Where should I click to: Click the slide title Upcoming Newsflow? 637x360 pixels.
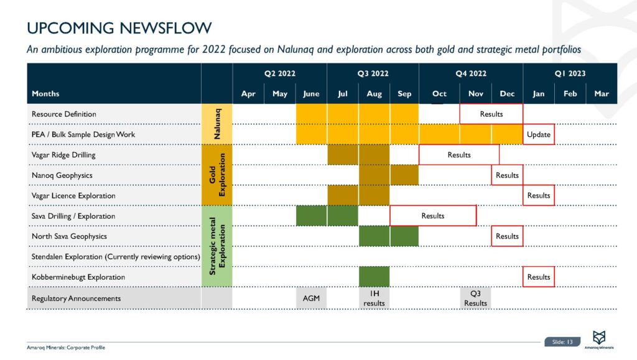tap(119, 28)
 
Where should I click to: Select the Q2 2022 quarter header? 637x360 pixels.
tap(279, 73)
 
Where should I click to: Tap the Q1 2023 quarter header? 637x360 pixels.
tap(570, 73)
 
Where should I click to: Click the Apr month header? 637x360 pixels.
tap(248, 94)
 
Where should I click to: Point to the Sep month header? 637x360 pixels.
tap(404, 94)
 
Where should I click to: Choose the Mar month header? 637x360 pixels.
tap(602, 94)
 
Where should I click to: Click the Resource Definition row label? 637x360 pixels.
tap(64, 114)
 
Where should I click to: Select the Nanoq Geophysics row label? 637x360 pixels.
tap(62, 175)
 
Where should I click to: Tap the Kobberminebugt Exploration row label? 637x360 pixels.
tap(78, 277)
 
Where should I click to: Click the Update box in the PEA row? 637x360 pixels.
tap(539, 134)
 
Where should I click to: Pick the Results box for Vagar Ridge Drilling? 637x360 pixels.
tap(459, 155)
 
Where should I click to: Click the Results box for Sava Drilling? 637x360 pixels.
tap(433, 216)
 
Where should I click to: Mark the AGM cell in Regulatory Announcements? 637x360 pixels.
tap(311, 298)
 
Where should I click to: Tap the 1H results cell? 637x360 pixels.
tap(374, 298)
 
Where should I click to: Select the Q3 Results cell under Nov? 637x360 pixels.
tap(475, 298)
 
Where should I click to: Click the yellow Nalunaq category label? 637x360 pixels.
tap(217, 124)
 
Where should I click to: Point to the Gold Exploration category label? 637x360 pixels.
tap(217, 175)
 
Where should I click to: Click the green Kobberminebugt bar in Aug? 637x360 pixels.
tap(374, 277)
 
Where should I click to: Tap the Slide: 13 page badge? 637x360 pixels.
tap(562, 341)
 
